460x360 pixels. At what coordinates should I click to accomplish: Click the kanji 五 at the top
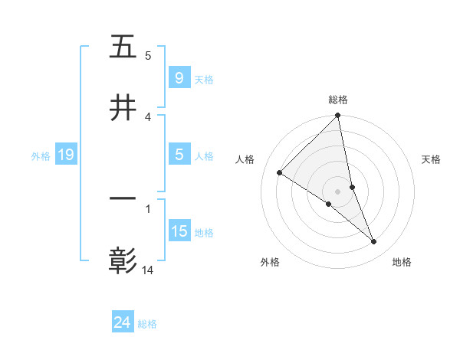123,47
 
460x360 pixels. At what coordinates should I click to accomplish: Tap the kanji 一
123,201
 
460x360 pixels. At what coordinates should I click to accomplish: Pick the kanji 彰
123,260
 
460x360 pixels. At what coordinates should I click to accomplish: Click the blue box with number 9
179,78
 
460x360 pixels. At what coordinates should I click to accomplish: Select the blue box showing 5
179,155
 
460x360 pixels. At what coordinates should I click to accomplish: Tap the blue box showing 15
179,231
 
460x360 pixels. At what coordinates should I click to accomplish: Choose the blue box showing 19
66,155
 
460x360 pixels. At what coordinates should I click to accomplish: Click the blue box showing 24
122,323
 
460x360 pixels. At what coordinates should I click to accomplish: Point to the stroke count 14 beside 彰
148,270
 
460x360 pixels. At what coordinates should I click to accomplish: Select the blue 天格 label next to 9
204,79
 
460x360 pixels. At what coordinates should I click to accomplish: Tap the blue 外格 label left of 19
41,156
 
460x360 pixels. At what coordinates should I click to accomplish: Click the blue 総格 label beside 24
147,324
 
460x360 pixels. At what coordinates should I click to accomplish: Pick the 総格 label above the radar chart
338,100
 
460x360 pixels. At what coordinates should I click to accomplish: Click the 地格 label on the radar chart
402,263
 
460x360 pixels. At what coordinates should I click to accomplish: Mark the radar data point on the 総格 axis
338,116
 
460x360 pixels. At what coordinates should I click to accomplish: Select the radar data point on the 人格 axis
280,173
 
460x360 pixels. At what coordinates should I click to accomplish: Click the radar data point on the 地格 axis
374,242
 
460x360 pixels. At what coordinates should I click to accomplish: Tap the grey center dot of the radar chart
338,191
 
